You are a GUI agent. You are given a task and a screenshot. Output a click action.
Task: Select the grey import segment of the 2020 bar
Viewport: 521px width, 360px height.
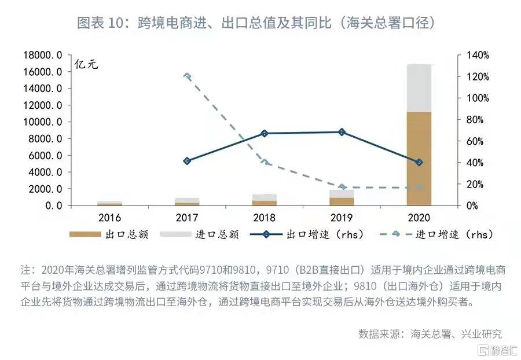419,87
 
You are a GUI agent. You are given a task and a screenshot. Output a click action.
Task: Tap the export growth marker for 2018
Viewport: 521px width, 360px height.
265,133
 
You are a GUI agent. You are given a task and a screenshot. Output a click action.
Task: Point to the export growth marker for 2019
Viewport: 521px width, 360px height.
342,132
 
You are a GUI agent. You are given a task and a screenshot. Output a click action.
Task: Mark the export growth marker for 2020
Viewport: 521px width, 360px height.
419,162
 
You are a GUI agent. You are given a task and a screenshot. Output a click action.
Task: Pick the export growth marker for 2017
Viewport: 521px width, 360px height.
187,161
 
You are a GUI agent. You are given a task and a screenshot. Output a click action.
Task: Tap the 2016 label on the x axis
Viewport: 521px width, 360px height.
109,218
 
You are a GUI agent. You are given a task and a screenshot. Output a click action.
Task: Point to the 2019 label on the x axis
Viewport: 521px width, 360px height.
342,218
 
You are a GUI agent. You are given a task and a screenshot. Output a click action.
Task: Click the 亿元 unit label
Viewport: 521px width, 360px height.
87,64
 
